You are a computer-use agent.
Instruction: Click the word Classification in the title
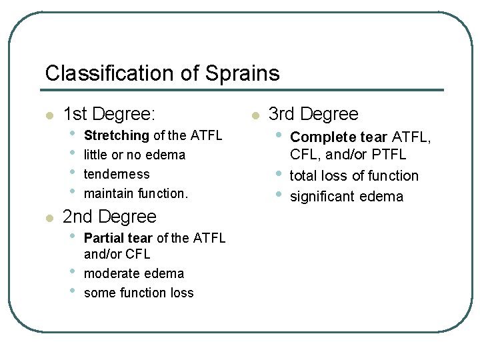[103, 73]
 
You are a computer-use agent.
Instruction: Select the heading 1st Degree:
[108, 114]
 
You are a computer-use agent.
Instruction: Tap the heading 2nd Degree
[109, 217]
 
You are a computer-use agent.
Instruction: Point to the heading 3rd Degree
[313, 114]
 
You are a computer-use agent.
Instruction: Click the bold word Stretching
[116, 135]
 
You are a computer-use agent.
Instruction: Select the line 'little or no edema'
[135, 155]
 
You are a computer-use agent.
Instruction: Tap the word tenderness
[117, 174]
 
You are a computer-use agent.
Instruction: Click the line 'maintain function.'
[136, 193]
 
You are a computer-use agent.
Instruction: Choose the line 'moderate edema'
[134, 273]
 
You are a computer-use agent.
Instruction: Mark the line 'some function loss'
[139, 293]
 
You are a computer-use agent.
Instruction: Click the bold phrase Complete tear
[339, 137]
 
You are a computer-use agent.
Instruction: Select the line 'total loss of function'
[354, 176]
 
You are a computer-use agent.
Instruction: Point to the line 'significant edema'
[347, 197]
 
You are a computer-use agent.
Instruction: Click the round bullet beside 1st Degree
[48, 115]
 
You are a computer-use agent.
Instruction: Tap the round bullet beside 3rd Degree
[254, 115]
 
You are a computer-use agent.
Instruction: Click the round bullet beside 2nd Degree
[48, 218]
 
